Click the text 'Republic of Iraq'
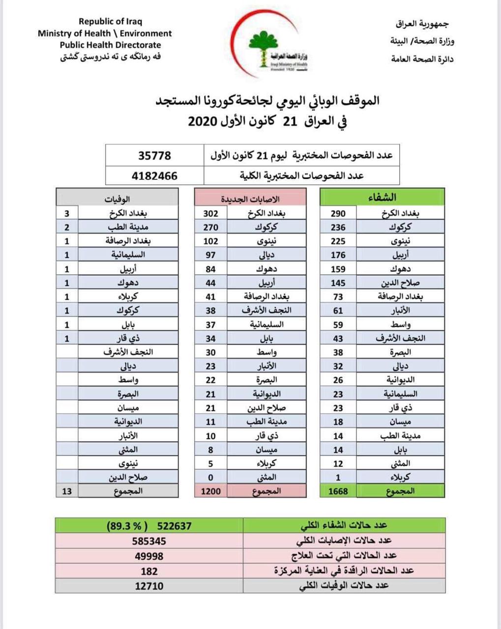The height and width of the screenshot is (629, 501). click(111, 22)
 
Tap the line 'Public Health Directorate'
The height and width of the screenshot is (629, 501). click(111, 45)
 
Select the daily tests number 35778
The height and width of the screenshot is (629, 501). click(154, 156)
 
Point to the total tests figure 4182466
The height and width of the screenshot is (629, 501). click(154, 175)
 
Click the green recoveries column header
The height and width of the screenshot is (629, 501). click(382, 198)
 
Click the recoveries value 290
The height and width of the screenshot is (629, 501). click(338, 214)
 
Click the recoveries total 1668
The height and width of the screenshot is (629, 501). click(338, 491)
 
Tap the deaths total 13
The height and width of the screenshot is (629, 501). click(67, 491)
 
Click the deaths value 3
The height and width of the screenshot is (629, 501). click(67, 214)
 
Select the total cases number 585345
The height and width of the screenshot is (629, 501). click(149, 541)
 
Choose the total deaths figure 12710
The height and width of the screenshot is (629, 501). click(149, 586)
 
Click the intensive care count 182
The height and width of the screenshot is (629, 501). click(149, 571)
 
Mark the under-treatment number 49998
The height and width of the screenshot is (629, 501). click(149, 556)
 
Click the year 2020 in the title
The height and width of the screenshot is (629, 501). click(203, 121)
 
